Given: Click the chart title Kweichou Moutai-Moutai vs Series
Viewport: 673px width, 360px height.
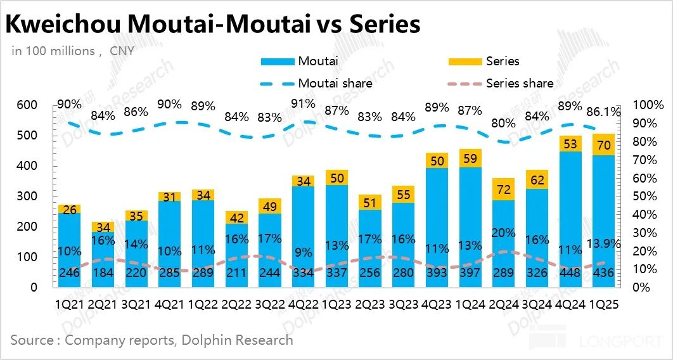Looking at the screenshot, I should pos(213,24).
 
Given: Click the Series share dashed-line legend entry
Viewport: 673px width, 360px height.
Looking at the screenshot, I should pos(501,84).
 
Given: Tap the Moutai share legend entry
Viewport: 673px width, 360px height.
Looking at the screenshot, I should pos(317,84).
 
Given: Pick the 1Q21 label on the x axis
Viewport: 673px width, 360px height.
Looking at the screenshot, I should pos(70,305).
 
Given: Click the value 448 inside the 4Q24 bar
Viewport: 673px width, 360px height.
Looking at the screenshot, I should pos(570,274).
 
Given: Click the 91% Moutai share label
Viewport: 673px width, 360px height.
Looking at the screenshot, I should pos(304,104).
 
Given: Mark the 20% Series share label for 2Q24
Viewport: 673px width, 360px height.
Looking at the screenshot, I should pos(504,233).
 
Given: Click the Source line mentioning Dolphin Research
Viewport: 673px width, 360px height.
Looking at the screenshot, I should pos(152,340).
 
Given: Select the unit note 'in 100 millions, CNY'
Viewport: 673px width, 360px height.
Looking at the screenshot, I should pos(73,51).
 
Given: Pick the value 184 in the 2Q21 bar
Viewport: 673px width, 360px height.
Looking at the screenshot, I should pos(103,274).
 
